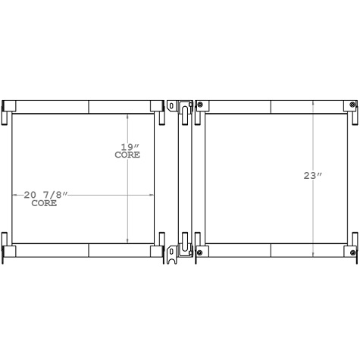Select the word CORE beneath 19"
127,155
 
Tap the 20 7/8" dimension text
45,196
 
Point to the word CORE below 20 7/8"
44,204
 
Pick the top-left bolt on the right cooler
200,105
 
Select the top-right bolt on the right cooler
353,105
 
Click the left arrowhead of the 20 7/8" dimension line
14,196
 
